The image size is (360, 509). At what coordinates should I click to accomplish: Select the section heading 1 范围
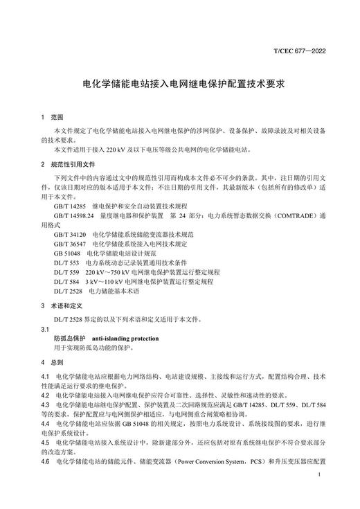point(52,118)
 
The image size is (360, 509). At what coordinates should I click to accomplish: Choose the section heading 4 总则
point(52,362)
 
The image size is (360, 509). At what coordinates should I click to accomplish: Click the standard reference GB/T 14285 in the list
point(69,206)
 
